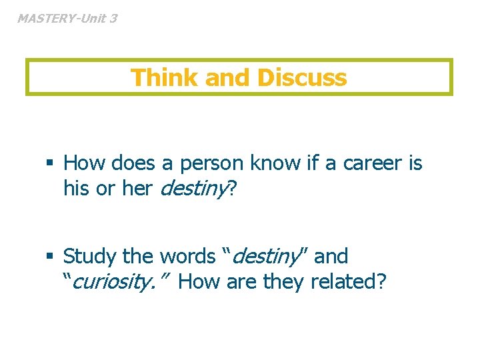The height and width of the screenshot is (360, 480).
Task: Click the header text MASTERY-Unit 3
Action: (x=67, y=19)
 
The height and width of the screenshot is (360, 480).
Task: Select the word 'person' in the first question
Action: (x=213, y=163)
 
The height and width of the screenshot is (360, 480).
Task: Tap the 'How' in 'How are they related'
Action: (x=199, y=282)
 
